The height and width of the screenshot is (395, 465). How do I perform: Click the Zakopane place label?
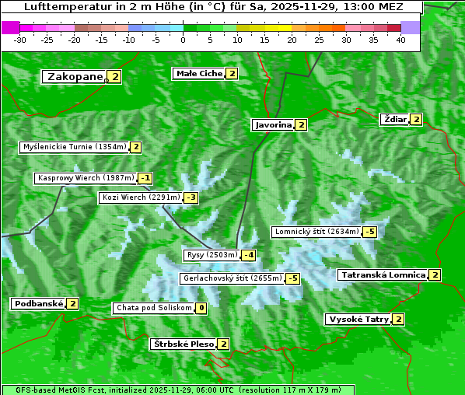[75, 76]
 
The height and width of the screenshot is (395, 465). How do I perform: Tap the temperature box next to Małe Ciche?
[232, 74]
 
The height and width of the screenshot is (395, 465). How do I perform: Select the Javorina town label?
[273, 124]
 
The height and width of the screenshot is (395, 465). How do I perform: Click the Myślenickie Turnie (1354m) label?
[74, 146]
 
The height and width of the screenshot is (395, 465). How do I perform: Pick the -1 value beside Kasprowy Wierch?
[145, 178]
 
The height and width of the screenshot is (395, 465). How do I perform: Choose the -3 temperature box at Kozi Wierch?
[191, 197]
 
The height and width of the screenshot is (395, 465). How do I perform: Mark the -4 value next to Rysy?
[249, 255]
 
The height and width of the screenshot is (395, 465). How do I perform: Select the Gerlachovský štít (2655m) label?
[231, 278]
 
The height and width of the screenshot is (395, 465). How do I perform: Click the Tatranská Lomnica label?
[383, 274]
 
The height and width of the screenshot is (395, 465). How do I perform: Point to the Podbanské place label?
[37, 303]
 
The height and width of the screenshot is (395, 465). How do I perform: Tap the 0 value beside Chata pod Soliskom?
[201, 308]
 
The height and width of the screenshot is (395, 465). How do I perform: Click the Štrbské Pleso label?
[183, 344]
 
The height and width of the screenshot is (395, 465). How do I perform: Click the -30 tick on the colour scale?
[20, 39]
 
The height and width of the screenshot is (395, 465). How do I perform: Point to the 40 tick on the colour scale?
[400, 39]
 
